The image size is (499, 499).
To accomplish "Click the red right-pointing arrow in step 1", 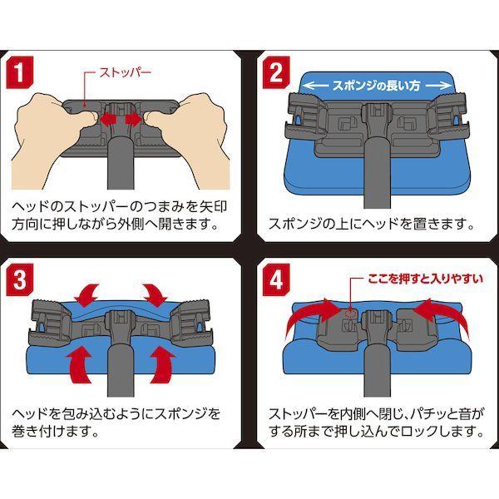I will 132,120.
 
